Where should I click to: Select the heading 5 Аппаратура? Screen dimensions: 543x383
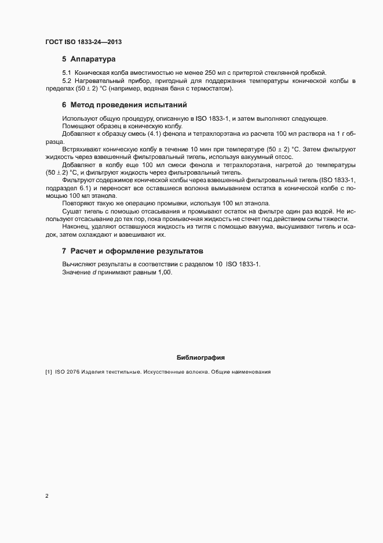pyautogui.click(x=89, y=59)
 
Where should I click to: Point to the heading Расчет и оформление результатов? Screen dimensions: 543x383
pyautogui.click(x=136, y=251)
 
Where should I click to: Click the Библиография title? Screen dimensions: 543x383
pyautogui.click(x=200, y=357)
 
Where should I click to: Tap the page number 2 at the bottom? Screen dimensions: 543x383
pyautogui.click(x=47, y=496)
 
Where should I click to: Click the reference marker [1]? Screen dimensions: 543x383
pyautogui.click(x=49, y=372)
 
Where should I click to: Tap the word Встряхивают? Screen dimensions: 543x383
pyautogui.click(x=80, y=149)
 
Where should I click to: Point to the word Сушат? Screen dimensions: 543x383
pyautogui.click(x=72, y=211)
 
